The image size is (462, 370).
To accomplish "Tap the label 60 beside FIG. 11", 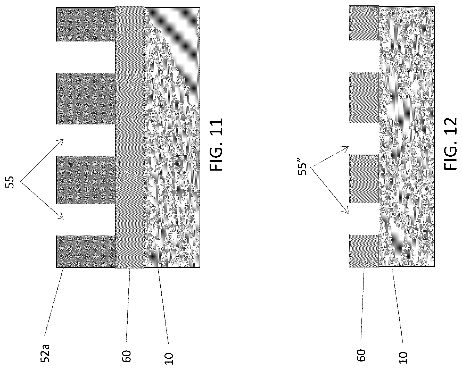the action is (x=127, y=356).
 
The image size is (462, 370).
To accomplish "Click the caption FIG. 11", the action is (x=216, y=145).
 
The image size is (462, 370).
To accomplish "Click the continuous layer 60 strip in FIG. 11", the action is (x=130, y=137).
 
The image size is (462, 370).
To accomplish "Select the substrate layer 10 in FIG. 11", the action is (x=172, y=137).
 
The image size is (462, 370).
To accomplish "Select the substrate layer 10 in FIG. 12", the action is (x=407, y=137).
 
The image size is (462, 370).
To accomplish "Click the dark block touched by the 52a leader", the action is (x=86, y=252).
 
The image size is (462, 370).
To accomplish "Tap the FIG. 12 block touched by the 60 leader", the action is (x=364, y=251).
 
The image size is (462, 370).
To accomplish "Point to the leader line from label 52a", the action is (x=54, y=302).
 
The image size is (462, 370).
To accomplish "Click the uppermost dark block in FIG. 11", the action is (x=86, y=24).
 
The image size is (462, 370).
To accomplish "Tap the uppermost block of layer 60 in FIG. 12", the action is (x=364, y=23).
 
